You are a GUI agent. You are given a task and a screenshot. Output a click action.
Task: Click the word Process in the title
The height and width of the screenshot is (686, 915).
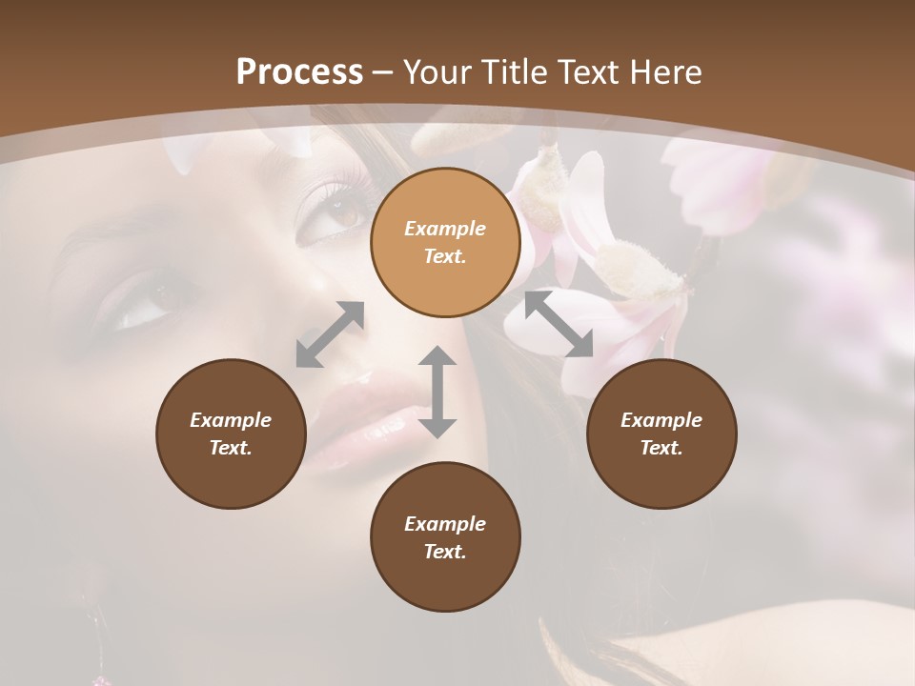click(299, 72)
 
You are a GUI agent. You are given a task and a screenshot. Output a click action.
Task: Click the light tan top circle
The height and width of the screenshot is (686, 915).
click(445, 242)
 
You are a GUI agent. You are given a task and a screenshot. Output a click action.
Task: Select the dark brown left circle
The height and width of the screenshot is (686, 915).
click(231, 434)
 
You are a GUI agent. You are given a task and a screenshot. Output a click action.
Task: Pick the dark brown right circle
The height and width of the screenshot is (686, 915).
click(661, 434)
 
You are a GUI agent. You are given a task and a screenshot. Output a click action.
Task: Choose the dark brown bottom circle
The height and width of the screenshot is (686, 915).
click(445, 537)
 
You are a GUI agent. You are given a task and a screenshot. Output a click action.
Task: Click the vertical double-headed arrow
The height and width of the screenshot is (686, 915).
click(437, 392)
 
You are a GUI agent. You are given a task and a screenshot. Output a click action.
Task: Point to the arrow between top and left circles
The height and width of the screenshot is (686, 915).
click(330, 333)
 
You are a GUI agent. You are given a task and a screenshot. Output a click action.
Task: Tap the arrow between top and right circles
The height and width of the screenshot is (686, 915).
click(559, 324)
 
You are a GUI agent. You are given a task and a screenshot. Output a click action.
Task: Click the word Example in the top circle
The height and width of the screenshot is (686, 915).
click(445, 229)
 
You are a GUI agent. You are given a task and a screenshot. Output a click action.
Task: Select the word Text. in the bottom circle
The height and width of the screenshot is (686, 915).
click(445, 552)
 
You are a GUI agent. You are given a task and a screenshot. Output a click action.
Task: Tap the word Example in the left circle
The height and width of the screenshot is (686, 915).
click(231, 420)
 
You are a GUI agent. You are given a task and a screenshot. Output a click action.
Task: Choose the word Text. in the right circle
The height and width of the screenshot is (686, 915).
click(661, 448)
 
